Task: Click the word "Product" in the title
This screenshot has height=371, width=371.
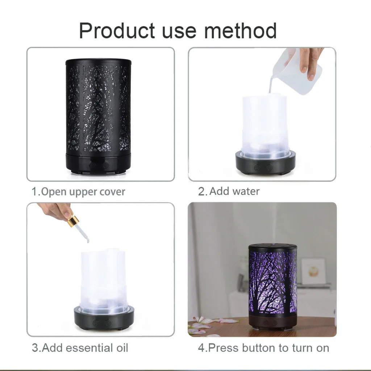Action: click(x=117, y=31)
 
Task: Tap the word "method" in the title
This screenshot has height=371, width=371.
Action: click(x=240, y=30)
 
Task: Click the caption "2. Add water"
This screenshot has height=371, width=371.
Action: click(x=229, y=191)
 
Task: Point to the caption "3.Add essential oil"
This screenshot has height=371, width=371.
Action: click(x=80, y=348)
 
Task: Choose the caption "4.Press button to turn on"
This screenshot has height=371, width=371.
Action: click(x=263, y=348)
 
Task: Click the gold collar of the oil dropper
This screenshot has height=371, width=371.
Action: click(x=73, y=221)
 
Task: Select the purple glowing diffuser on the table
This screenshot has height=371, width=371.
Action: click(x=272, y=284)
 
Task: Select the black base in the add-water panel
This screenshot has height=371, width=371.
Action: click(x=265, y=164)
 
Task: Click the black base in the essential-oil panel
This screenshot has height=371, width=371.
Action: click(x=104, y=318)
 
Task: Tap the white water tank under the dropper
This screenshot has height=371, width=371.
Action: click(x=103, y=279)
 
